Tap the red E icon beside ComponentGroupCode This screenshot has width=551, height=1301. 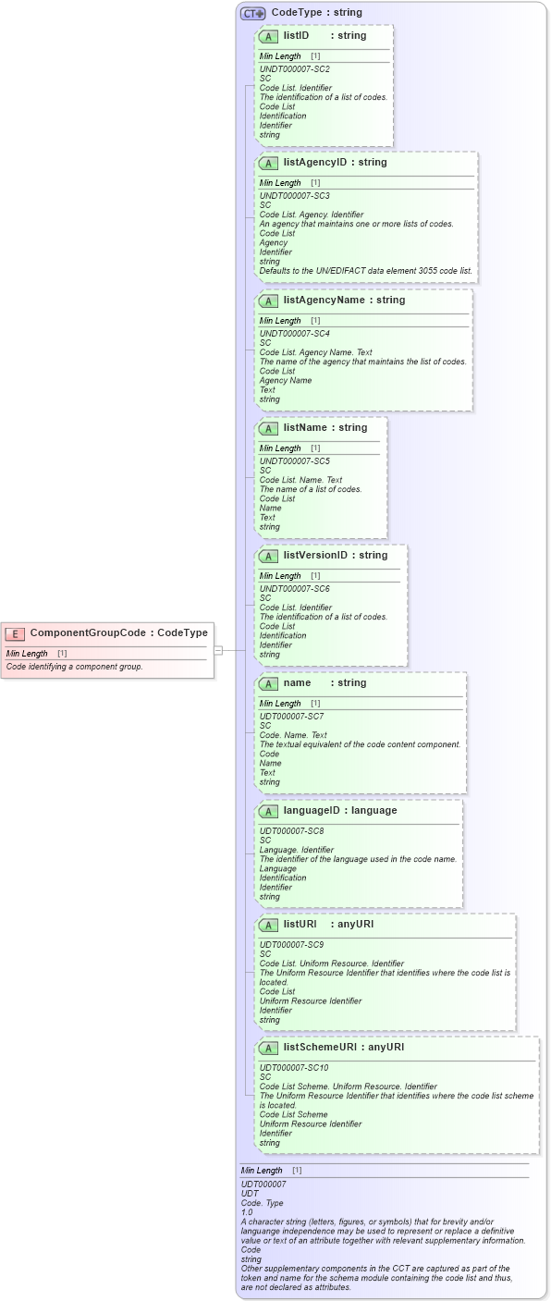(15, 633)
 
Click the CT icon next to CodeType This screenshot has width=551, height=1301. (252, 13)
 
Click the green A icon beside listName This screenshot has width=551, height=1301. (268, 429)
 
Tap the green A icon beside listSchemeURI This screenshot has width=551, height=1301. (268, 1049)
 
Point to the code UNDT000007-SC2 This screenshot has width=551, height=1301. (294, 69)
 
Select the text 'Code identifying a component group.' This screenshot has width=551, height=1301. (75, 667)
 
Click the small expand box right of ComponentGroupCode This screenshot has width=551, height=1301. (218, 650)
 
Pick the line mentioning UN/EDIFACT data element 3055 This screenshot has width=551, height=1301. (366, 271)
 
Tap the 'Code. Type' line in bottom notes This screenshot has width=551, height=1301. (263, 1202)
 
